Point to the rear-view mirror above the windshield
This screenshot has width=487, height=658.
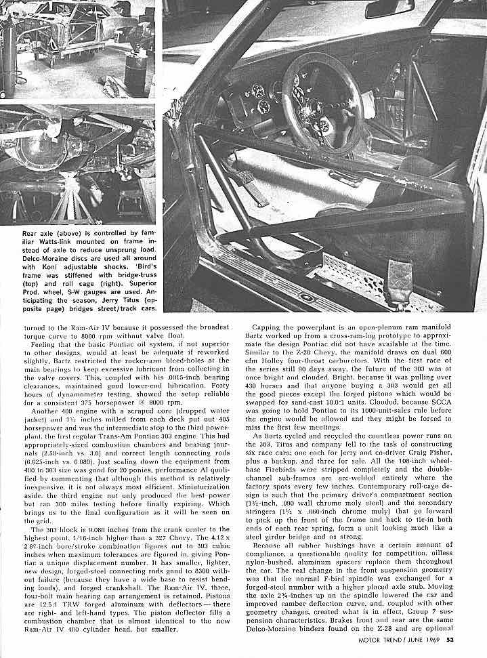pyautogui.click(x=389, y=9)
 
